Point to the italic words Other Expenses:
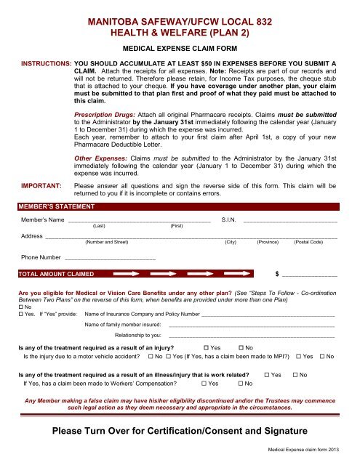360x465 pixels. pyautogui.click(x=101, y=157)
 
